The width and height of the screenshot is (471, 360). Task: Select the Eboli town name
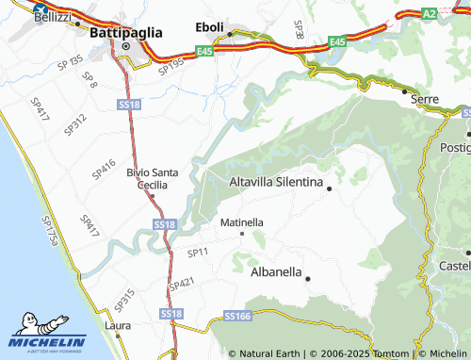[210, 27]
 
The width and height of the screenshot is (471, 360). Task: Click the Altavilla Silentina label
[276, 181]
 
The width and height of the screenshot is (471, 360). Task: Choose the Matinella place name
[241, 222]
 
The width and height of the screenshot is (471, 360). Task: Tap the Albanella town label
[276, 271]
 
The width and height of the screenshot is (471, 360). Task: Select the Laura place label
[117, 326]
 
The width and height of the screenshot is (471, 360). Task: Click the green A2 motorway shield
[429, 13]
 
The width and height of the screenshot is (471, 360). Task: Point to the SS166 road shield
[237, 317]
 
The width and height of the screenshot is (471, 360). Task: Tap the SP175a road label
[51, 230]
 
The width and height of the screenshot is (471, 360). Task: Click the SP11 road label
[197, 253]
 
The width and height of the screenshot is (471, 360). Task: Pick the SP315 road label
[124, 301]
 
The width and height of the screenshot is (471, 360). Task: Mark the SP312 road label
[77, 120]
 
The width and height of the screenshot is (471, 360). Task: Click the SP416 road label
[104, 169]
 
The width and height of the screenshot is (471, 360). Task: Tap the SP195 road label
[171, 66]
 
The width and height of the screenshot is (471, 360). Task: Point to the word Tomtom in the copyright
[388, 353]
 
